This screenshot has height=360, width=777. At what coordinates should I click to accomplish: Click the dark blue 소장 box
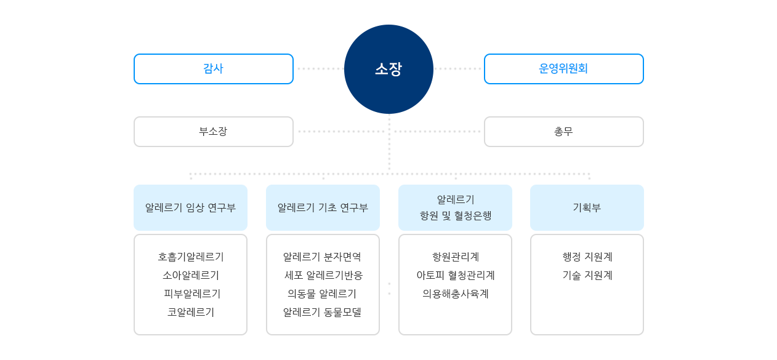click(388, 69)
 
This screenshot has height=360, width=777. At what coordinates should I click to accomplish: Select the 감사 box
click(213, 69)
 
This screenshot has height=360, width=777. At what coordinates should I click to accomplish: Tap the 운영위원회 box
click(563, 69)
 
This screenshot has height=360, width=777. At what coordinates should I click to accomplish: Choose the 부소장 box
click(213, 132)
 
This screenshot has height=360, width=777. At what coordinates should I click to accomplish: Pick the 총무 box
click(563, 132)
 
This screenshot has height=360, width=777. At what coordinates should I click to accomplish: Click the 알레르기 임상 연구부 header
click(190, 207)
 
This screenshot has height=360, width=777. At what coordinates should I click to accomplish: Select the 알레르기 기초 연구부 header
click(323, 207)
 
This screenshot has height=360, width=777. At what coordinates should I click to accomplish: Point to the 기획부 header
click(587, 207)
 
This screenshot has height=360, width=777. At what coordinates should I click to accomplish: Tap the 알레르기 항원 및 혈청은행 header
click(455, 207)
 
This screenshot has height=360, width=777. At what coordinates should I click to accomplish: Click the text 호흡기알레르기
click(190, 257)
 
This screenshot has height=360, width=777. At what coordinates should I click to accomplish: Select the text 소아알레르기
click(190, 275)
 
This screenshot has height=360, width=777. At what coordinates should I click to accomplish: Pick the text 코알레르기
click(190, 312)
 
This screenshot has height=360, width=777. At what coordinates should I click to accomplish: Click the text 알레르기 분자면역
click(322, 257)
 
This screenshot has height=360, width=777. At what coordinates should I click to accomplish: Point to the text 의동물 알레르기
click(322, 294)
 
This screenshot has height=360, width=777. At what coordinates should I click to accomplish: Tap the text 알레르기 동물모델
click(322, 312)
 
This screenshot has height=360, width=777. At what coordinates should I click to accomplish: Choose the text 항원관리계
click(456, 257)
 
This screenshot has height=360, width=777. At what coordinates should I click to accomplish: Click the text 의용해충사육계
click(456, 294)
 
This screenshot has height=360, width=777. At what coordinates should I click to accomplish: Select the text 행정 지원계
click(587, 257)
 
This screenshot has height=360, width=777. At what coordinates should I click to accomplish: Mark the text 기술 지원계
click(587, 275)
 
